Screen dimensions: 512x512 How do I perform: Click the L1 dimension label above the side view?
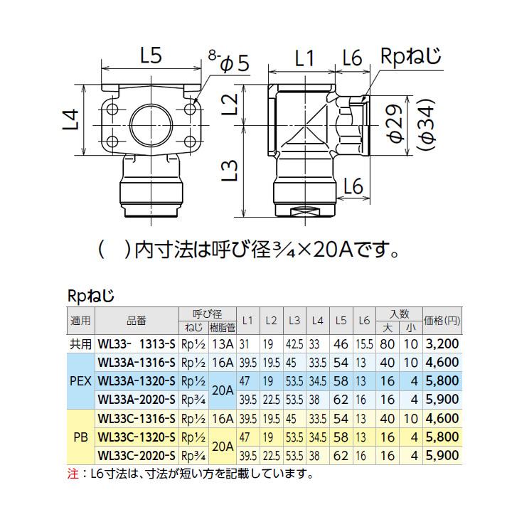[304, 61]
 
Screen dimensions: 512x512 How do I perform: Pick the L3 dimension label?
[228, 172]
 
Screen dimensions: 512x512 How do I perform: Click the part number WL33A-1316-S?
[136, 362]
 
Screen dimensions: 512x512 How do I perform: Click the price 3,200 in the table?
[441, 343]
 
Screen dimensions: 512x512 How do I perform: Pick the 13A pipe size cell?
[222, 343]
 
